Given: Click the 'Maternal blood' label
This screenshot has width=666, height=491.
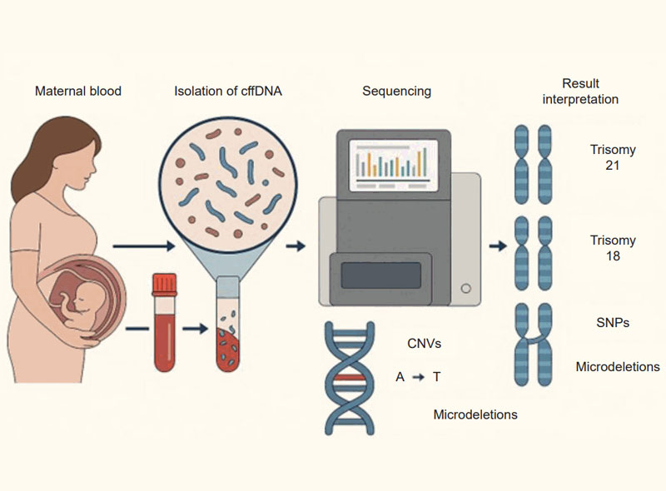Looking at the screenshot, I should pyautogui.click(x=77, y=91).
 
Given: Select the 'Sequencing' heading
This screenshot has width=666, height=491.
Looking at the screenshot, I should pyautogui.click(x=396, y=91).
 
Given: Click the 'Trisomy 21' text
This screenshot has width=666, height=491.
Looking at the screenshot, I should pyautogui.click(x=613, y=158).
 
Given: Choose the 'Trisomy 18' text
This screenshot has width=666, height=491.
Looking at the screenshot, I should pyautogui.click(x=613, y=248).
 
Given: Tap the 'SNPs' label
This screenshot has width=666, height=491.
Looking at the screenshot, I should pyautogui.click(x=613, y=323).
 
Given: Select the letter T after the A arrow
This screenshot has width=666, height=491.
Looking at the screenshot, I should pyautogui.click(x=437, y=377).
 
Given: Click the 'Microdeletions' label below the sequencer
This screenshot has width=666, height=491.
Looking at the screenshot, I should pyautogui.click(x=475, y=414).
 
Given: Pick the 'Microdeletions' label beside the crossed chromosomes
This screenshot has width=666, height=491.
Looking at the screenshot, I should pyautogui.click(x=618, y=367).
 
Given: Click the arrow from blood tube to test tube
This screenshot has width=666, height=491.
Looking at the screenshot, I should pyautogui.click(x=195, y=330).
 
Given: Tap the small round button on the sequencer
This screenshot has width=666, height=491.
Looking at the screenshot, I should pyautogui.click(x=466, y=288).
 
